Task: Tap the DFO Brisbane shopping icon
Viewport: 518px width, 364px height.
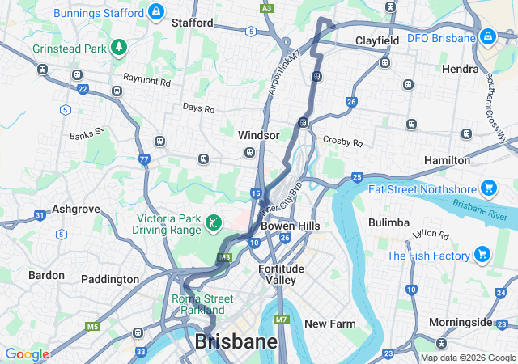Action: click(x=487, y=37)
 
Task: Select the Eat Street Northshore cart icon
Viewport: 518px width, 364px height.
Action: click(x=488, y=188)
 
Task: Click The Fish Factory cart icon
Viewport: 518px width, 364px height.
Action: click(x=483, y=256)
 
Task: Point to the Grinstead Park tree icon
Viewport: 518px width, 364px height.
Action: click(x=119, y=48)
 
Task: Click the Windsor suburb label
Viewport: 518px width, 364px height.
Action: click(x=258, y=135)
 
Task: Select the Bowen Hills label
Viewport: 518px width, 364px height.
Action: click(x=290, y=226)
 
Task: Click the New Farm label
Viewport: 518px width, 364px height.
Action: click(x=329, y=324)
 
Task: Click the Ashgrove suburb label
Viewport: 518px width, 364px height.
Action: click(x=75, y=209)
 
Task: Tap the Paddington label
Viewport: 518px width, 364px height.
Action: click(x=110, y=279)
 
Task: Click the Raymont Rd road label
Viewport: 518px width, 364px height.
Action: click(x=146, y=80)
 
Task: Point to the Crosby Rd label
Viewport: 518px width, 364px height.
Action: click(x=343, y=141)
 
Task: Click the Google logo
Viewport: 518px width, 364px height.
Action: click(x=27, y=354)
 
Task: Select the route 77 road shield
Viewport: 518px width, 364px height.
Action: click(x=143, y=159)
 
